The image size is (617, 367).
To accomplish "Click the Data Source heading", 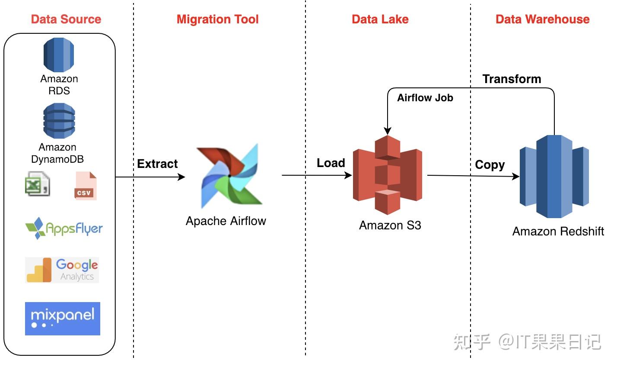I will click(66, 19).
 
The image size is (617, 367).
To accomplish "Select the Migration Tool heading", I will click(217, 19).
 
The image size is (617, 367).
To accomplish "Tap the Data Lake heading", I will click(380, 19).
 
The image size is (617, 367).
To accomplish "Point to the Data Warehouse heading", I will click(542, 19).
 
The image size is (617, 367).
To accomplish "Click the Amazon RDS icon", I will click(59, 55).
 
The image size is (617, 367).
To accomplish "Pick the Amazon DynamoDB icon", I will click(59, 121).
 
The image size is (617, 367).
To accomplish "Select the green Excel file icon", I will click(37, 184).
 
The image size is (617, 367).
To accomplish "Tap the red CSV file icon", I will click(86, 186).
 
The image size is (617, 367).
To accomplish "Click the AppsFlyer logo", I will click(64, 228).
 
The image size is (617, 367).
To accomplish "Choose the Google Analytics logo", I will click(62, 270).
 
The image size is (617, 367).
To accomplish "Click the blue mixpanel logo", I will click(63, 319).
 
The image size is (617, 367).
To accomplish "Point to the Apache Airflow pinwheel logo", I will click(229, 176).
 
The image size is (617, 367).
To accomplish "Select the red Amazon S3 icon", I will click(387, 175).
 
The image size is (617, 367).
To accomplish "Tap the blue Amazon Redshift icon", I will click(554, 176).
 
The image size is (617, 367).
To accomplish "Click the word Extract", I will click(157, 164).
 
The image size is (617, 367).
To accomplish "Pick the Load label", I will click(331, 163).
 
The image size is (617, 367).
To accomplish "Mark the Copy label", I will click(490, 165).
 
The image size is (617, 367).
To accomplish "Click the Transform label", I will click(512, 79).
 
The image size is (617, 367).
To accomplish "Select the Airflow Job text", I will click(425, 98).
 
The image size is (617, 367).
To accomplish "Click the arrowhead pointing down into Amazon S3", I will click(388, 131).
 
